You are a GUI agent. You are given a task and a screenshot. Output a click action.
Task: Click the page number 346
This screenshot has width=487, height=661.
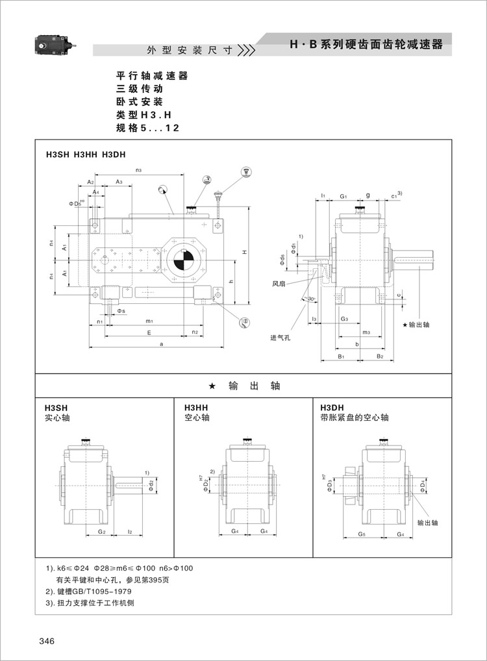[x=46, y=642]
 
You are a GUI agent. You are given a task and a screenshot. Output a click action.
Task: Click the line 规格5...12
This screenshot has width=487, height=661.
[x=147, y=128]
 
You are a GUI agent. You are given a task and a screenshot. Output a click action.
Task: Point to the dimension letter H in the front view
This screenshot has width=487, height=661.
[x=242, y=252]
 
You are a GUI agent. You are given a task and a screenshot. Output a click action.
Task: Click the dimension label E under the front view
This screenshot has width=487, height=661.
[x=149, y=332]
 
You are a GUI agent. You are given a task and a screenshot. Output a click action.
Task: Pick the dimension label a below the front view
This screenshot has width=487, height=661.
[x=160, y=343]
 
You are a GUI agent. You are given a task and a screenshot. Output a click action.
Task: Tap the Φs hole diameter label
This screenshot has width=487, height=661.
[x=121, y=311]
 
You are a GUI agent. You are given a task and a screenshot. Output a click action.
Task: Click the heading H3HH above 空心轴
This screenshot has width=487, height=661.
[x=195, y=408]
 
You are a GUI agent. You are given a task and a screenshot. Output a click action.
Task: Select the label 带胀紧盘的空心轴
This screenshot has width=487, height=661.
[x=355, y=418]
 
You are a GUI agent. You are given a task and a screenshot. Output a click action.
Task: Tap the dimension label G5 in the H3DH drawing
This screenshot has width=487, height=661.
[x=361, y=534]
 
